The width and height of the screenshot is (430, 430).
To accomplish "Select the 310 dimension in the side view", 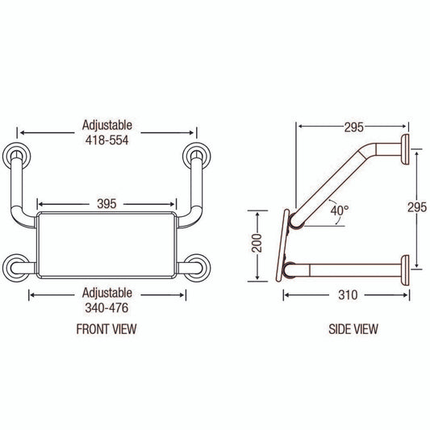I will coord(348,294).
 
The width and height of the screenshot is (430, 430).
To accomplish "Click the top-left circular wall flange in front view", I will coord(17,157).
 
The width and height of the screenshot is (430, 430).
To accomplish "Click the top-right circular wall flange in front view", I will coord(196,157).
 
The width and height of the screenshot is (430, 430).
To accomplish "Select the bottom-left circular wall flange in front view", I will coord(17,268).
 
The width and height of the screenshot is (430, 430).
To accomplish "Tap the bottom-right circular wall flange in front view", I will coord(196,268).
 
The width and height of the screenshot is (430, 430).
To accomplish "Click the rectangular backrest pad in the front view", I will coord(106,244).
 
